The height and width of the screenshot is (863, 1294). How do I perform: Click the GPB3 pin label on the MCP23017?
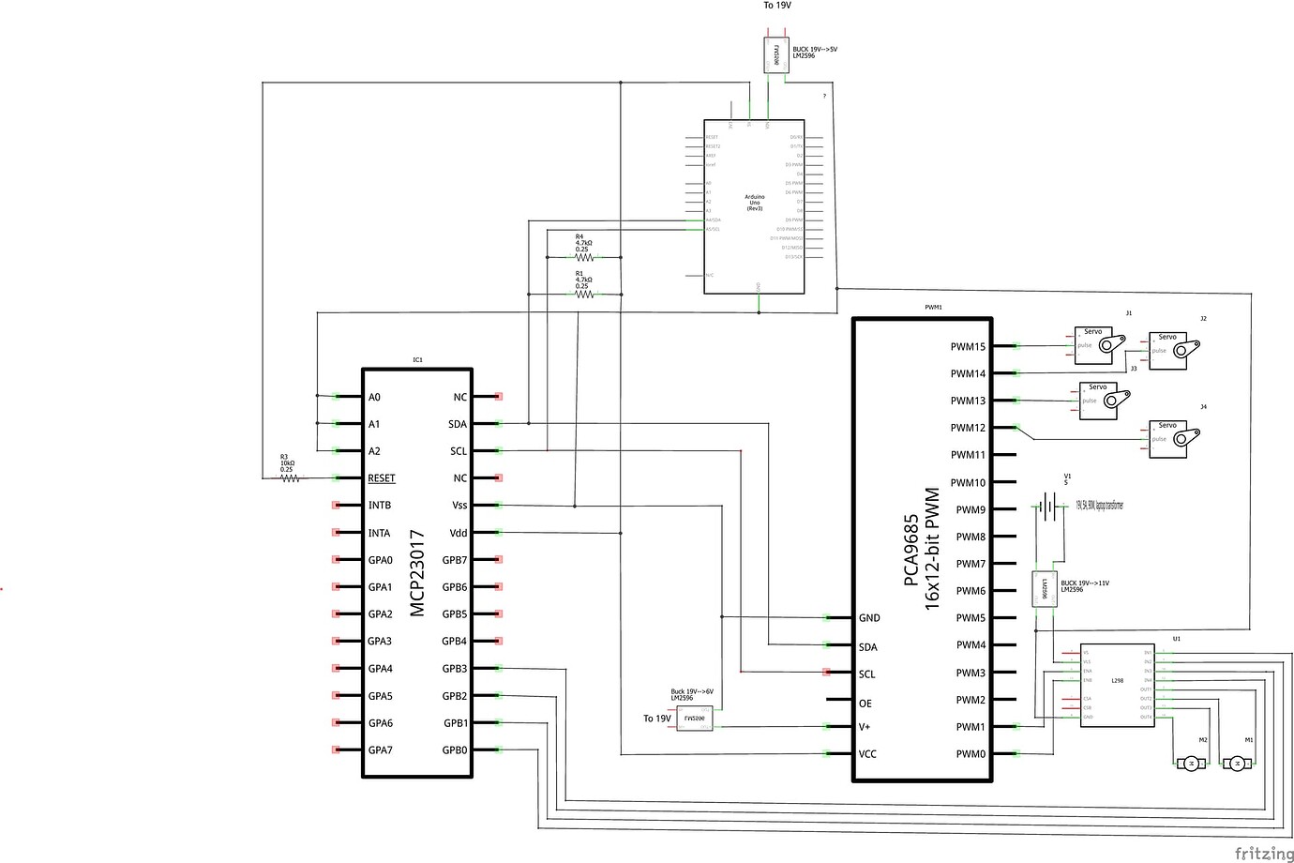454,669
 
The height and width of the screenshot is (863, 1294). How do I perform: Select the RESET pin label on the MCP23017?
382,478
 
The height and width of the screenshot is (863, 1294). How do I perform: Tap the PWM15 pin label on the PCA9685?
968,347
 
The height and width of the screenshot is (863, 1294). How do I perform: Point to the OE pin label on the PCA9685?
865,704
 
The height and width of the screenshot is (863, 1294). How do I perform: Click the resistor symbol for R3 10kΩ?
291,478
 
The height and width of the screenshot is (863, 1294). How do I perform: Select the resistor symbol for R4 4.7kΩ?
584,256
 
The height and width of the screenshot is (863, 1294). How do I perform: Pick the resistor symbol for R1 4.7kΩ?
584,294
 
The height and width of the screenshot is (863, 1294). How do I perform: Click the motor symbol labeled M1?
1237,764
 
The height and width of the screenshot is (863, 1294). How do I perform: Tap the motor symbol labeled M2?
1192,764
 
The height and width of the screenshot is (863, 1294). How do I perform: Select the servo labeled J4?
1173,437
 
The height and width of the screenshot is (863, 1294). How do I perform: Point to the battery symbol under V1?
1052,507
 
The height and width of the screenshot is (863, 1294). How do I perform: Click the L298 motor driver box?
1117,684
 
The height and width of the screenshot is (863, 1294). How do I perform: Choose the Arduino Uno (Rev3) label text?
755,203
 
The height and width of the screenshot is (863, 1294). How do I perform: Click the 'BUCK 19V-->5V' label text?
815,49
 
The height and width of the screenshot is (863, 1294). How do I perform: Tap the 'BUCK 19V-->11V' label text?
1085,583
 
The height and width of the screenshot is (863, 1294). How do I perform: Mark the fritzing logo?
1262,853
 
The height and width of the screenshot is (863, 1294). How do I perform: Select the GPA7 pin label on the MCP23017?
381,750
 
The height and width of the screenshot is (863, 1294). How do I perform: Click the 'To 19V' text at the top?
777,6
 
